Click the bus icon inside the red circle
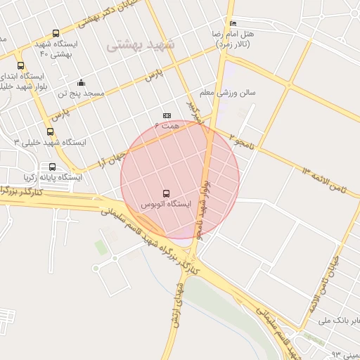[167, 193]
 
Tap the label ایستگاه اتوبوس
[166, 204]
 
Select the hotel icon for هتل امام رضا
[233, 23]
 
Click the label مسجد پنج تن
[81, 93]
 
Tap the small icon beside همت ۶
[167, 115]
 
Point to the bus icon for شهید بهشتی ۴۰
[56, 33]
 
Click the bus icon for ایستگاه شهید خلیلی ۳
[49, 131]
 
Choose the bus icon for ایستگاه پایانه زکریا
[52, 167]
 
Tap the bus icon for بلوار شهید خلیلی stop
[20, 65]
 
